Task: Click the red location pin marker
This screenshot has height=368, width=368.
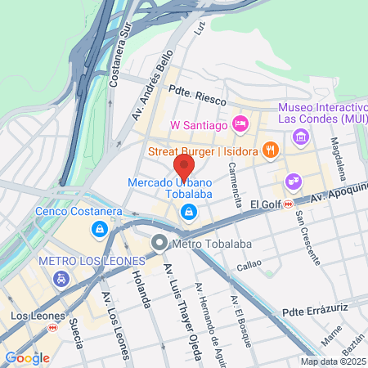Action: [x=183, y=168]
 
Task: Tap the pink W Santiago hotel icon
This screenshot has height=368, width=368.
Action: [x=240, y=124]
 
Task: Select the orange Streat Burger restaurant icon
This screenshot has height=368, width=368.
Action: [x=272, y=150]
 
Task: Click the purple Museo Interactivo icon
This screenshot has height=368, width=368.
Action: [x=300, y=135]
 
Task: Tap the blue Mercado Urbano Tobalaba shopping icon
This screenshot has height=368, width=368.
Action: [x=189, y=213]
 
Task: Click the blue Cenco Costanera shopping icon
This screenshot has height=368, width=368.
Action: [x=100, y=230]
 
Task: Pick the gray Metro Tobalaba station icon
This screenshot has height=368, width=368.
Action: [x=159, y=243]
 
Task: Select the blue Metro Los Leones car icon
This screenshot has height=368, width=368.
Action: [x=60, y=280]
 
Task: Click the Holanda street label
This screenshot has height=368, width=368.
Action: [x=141, y=290]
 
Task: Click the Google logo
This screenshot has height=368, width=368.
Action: [x=27, y=357]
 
